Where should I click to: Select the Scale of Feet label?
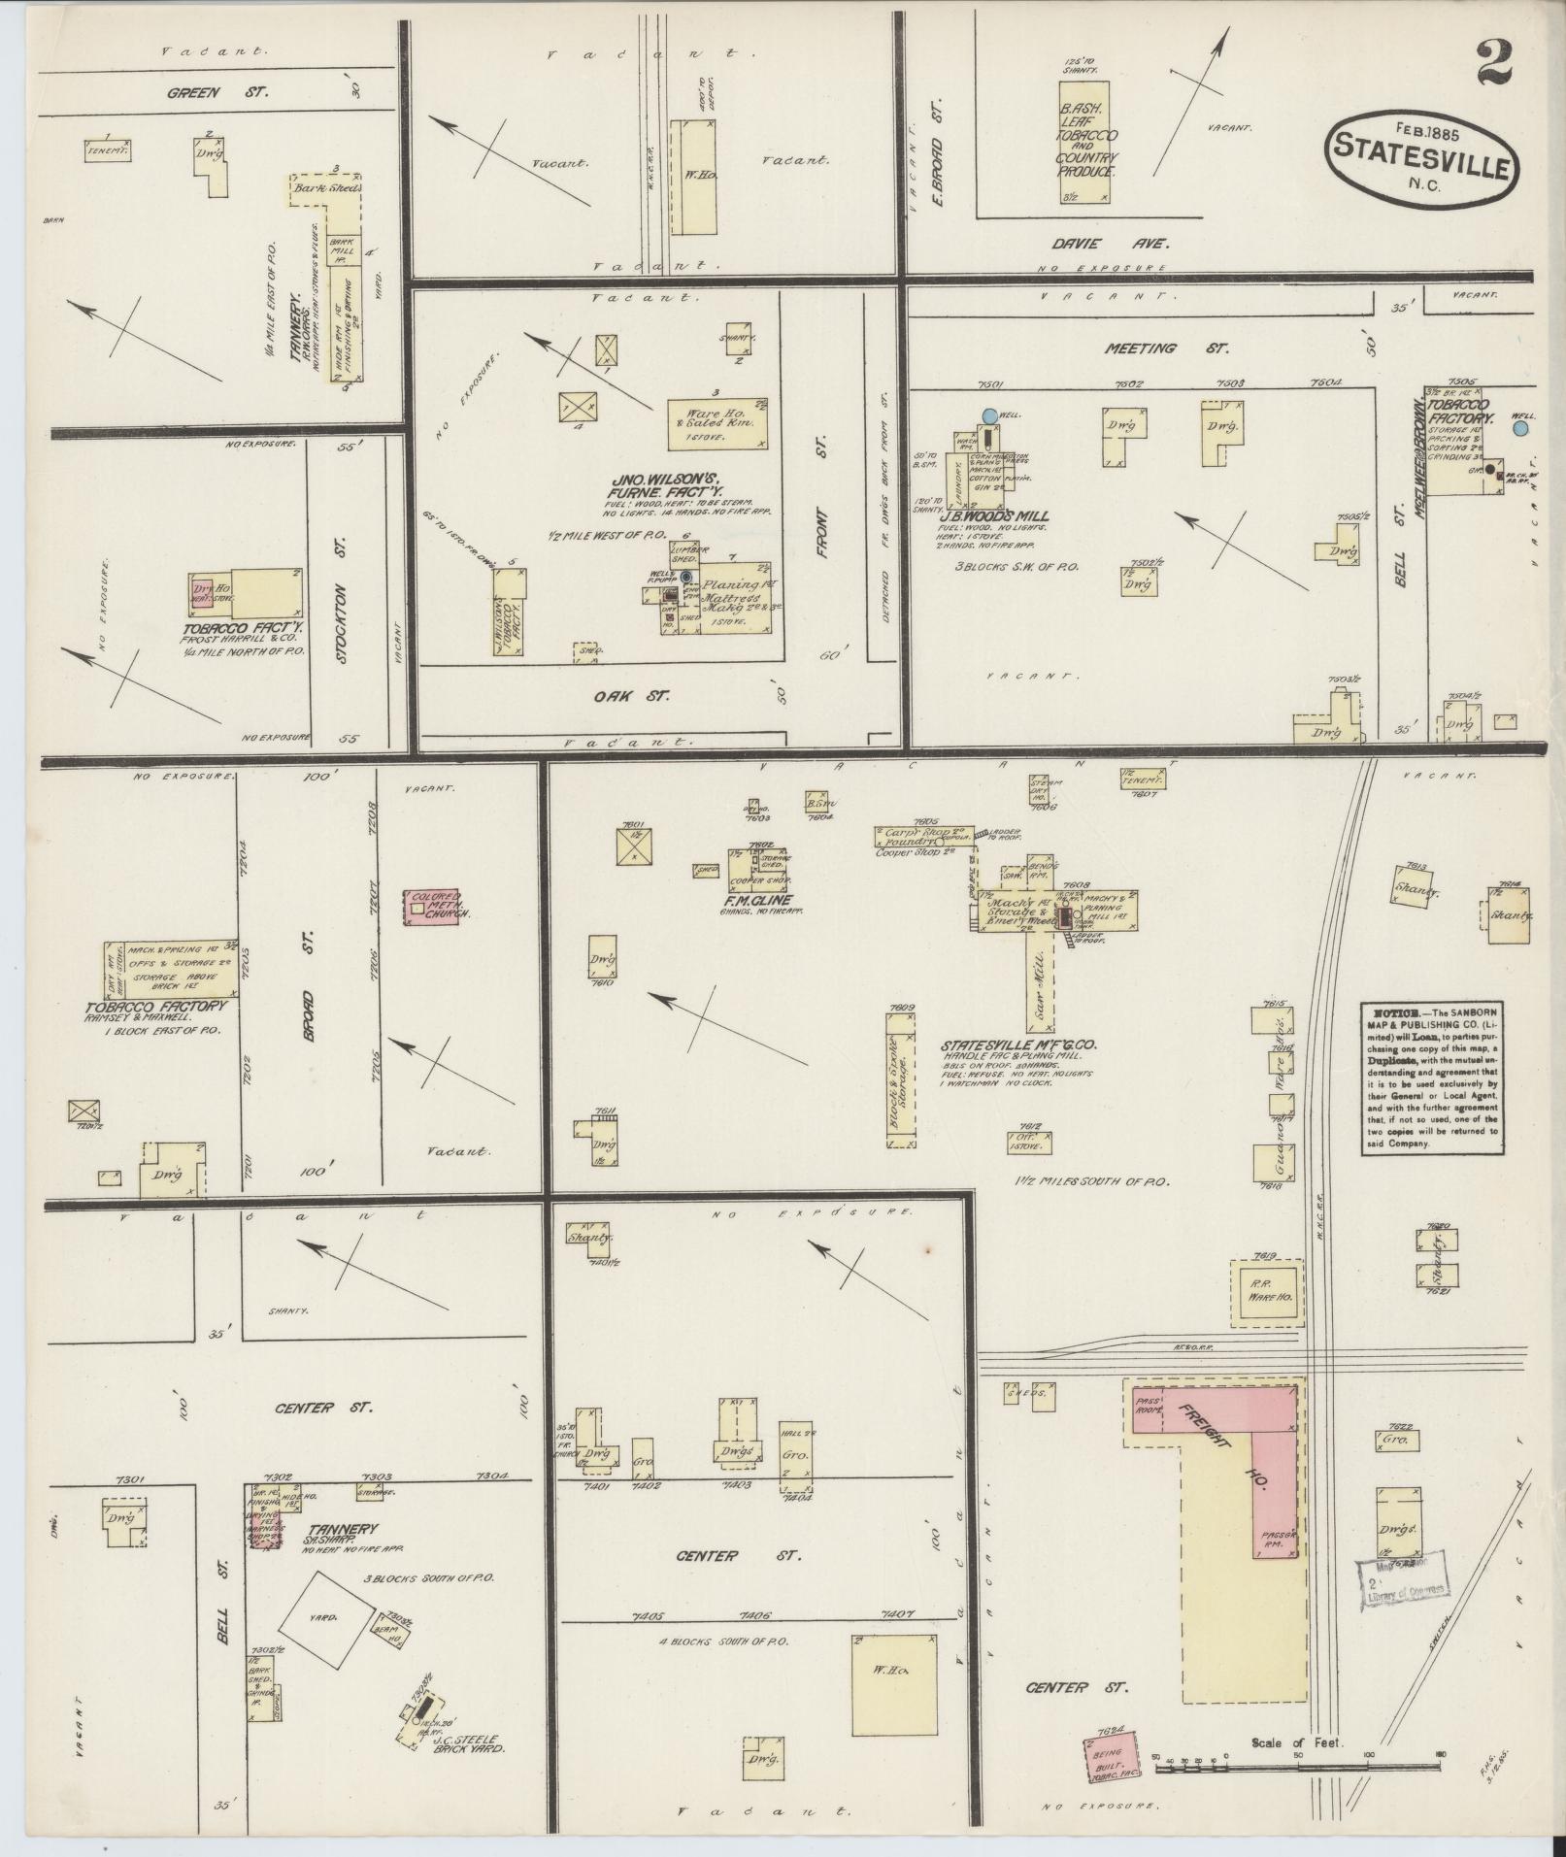click(1296, 1742)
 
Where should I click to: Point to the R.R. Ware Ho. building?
click(1267, 1292)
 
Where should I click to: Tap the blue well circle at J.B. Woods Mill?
click(989, 415)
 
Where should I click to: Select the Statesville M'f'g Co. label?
click(1017, 1045)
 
